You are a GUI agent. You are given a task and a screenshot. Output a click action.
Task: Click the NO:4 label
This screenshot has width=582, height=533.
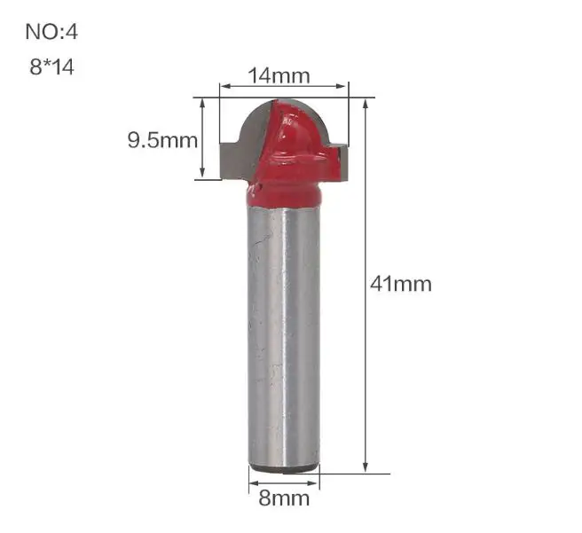[51, 32]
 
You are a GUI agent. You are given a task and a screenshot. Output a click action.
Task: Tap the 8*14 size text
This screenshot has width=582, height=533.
[52, 67]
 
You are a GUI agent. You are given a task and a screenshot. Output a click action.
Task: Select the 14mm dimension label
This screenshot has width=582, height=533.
[279, 75]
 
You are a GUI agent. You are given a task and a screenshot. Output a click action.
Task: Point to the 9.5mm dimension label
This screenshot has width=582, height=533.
[162, 140]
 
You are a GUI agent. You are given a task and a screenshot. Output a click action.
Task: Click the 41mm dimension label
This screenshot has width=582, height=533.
[401, 285]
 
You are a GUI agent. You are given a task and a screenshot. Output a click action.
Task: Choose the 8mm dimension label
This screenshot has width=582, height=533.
[284, 498]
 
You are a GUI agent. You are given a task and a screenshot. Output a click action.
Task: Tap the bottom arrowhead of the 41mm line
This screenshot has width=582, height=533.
[366, 467]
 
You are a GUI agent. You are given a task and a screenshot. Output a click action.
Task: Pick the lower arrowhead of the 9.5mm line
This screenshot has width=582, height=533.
[202, 174]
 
